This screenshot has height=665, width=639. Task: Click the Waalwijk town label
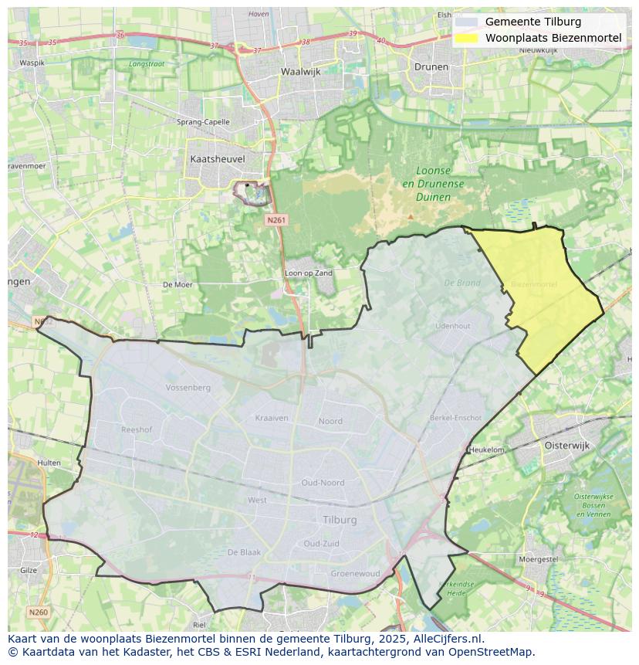301,71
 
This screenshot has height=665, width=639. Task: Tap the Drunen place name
431,66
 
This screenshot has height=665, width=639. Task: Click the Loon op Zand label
309,273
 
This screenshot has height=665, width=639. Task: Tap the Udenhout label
452,326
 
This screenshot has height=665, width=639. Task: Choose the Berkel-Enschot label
455,418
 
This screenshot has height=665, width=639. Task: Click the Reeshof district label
137,429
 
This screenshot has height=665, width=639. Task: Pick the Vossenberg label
188,387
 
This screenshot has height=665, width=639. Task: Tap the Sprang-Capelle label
203,122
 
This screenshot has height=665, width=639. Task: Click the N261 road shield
276,220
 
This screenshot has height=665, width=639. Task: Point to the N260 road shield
38,612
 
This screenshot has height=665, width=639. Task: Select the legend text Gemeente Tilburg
533,22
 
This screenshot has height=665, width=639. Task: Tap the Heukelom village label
486,450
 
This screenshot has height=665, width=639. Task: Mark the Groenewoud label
355,574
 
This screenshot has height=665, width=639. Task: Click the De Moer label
177,284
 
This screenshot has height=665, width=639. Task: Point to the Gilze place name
28,570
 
